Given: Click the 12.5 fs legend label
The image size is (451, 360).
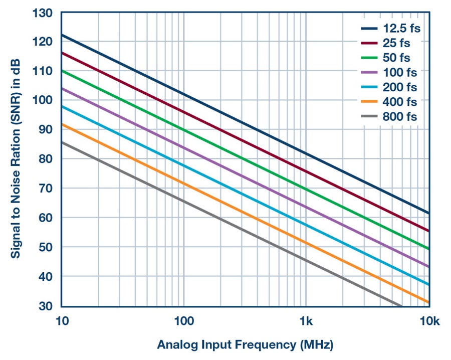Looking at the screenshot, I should pos(401,28).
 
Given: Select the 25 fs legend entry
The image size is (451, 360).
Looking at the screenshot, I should pos(396,43).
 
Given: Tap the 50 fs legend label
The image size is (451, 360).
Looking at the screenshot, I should pos(396,58).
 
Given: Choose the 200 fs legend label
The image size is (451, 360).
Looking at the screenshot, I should pos(399,87).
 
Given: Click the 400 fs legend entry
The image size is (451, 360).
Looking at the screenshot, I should pos(399,102).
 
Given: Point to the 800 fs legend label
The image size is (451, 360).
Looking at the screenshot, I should pos(399,117).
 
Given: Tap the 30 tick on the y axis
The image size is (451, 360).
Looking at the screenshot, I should pos(46,306).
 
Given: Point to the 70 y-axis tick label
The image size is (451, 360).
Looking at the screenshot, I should pos(46,189).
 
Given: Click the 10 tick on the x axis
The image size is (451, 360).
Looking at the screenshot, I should pos(62,321).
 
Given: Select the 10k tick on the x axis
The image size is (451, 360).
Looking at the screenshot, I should pos(429,321).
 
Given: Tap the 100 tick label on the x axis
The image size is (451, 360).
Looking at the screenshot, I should pos(184,321).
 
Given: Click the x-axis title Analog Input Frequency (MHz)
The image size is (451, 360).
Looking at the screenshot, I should pos(245,345).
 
